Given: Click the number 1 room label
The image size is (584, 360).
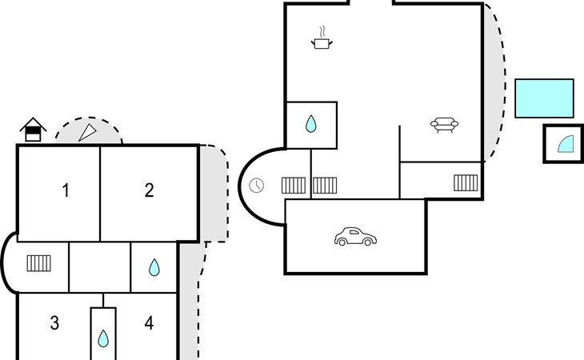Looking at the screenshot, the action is pyautogui.click(x=66, y=190).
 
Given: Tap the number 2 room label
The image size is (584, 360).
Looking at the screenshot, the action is pyautogui.click(x=149, y=190).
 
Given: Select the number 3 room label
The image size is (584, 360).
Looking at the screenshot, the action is pyautogui.click(x=54, y=322).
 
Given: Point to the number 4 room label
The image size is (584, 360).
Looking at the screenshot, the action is pyautogui.click(x=149, y=322).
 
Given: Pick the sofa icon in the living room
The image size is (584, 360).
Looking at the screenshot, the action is pyautogui.click(x=444, y=125).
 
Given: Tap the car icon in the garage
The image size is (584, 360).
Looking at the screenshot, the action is pyautogui.click(x=355, y=237).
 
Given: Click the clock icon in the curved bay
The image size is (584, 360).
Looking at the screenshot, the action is pyautogui.click(x=256, y=186).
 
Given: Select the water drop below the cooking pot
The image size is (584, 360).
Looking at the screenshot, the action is pyautogui.click(x=310, y=124).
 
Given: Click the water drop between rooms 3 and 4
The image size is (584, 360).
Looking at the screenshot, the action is pyautogui.click(x=103, y=338).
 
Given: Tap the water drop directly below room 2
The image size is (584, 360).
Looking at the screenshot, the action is pyautogui.click(x=154, y=267).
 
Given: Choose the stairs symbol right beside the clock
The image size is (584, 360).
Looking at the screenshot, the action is pyautogui.click(x=294, y=186).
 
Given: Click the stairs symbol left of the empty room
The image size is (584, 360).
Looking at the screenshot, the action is pyautogui.click(x=38, y=263).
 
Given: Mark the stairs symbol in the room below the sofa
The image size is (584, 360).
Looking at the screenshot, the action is pyautogui.click(x=466, y=182).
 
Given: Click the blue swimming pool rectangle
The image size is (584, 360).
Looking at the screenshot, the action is pyautogui.click(x=544, y=98).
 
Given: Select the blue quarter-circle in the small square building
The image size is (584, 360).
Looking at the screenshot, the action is pyautogui.click(x=566, y=145).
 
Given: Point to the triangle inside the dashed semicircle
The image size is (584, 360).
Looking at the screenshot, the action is pyautogui.click(x=87, y=133).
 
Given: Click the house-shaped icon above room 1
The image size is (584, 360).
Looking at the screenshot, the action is pyautogui.click(x=33, y=130).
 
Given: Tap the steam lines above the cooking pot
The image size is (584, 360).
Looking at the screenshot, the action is pyautogui.click(x=323, y=31).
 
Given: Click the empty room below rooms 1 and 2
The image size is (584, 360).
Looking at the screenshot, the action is pyautogui.click(x=100, y=267).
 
